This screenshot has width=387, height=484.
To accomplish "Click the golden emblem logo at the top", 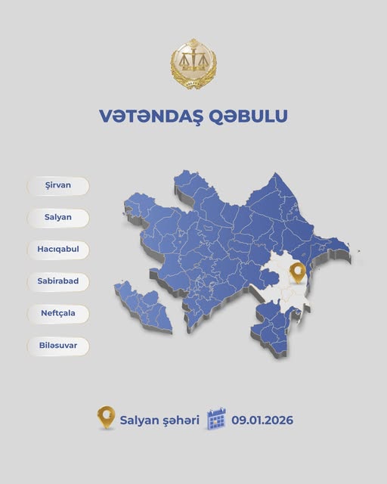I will click(x=193, y=65).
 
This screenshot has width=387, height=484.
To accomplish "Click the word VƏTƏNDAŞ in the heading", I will click(x=142, y=116).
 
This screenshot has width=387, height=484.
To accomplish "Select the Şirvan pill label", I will click(x=58, y=186).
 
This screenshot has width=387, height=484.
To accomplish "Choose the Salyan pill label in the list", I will click(x=58, y=218).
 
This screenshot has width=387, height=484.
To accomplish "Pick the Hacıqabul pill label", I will click(x=58, y=250).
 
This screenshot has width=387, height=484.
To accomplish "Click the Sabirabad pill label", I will click(x=58, y=281).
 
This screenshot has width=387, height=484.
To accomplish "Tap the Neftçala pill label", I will click(x=58, y=313).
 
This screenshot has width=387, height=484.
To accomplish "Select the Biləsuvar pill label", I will click(x=58, y=346).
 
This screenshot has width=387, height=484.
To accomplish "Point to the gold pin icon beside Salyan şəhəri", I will click(x=106, y=417).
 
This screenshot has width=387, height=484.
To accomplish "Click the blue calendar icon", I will click(x=217, y=418).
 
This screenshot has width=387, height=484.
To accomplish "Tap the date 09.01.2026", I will click(x=262, y=419).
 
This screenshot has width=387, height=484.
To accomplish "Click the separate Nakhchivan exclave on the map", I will click(x=144, y=302).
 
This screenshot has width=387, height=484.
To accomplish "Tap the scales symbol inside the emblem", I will click(x=193, y=60).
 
